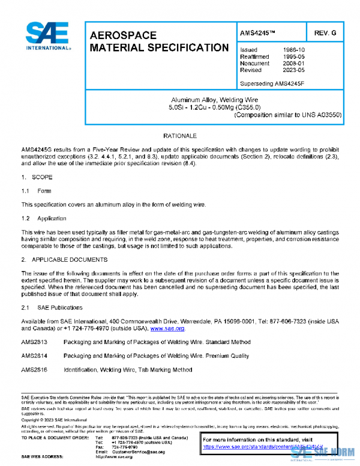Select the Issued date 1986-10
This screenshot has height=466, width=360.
tap(293, 49)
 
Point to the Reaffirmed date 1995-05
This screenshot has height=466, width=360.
tap(293, 56)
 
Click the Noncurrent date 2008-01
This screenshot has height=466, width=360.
tap(293, 62)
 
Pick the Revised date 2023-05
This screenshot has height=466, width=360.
tap(293, 70)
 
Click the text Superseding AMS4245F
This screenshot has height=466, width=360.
tap(272, 82)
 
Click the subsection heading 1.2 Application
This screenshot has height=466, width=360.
tap(44, 219)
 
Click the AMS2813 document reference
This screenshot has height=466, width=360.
tap(34, 342)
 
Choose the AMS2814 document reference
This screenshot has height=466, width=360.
tap(34, 356)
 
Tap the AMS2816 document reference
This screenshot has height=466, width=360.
tap(34, 370)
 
